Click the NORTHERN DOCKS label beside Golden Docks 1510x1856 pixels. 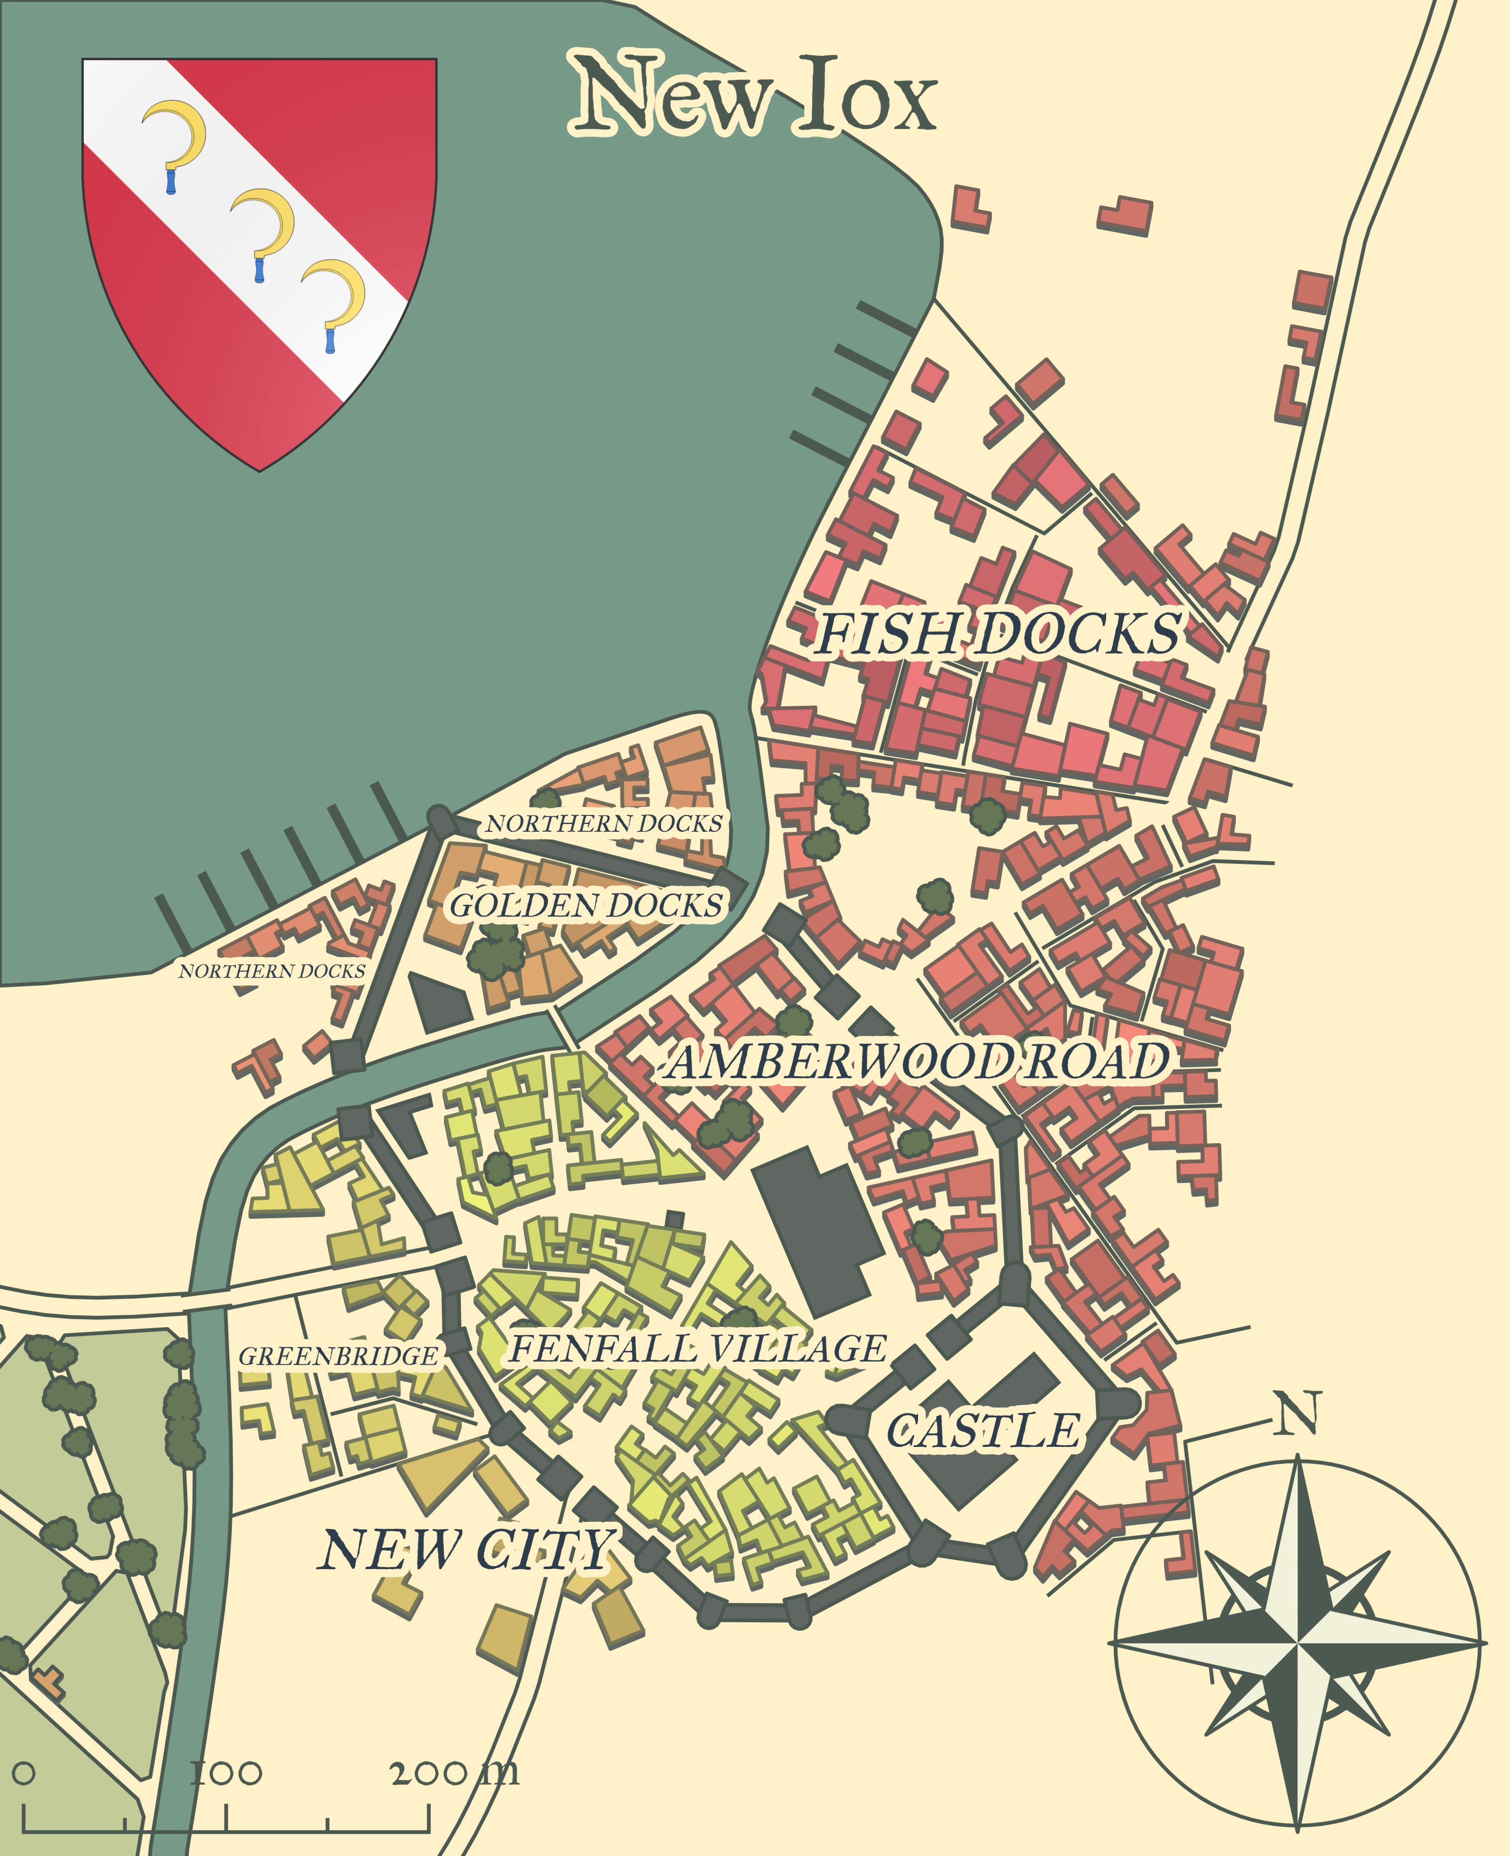[x=604, y=824]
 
